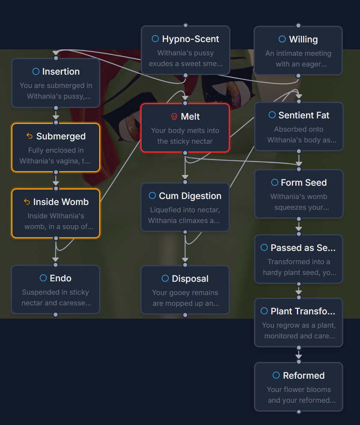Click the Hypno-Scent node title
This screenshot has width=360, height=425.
[x=191, y=39]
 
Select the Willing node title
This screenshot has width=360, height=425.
[x=303, y=39]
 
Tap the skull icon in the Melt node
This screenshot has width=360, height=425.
[x=174, y=117]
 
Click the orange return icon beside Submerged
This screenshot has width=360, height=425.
[x=30, y=136]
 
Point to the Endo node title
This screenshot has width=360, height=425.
[x=61, y=278]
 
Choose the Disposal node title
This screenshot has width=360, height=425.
[x=190, y=279]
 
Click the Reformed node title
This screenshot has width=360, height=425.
[x=303, y=376]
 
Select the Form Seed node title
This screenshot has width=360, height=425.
[x=304, y=183]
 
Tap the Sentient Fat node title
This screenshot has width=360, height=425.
[x=304, y=115]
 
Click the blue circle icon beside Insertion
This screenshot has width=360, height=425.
[x=36, y=72]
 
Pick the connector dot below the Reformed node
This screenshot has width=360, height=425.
[x=299, y=412]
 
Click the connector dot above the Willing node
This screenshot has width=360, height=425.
[x=299, y=26]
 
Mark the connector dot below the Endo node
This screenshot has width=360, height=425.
[x=56, y=314]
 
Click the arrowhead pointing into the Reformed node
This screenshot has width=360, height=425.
[x=299, y=356]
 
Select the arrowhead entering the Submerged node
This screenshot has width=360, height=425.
[x=56, y=117]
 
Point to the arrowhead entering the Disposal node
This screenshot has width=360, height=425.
[x=185, y=259]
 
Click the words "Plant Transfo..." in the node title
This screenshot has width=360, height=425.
[x=303, y=311]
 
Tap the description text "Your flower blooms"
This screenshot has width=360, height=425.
[x=299, y=390]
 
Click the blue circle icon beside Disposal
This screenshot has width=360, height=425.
[x=165, y=279]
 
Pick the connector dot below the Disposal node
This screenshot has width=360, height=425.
[x=185, y=315]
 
